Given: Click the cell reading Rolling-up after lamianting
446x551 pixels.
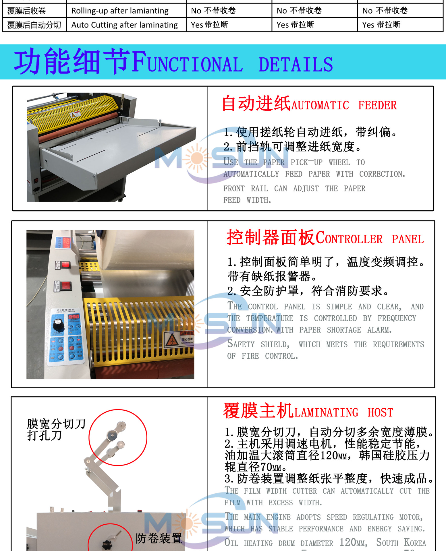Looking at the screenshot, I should (120, 11).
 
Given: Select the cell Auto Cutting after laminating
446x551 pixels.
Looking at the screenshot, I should (124, 25).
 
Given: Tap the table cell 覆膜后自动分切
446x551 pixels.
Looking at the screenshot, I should (34, 25).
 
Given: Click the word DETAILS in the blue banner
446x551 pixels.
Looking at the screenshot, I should (296, 65).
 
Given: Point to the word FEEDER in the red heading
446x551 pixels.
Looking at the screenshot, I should (377, 106).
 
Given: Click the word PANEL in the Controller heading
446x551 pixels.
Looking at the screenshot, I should (408, 239).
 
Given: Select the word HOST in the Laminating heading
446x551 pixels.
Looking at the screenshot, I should (380, 413).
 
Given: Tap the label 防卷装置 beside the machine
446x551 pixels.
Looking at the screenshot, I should (159, 538).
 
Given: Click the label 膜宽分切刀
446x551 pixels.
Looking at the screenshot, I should (56, 424).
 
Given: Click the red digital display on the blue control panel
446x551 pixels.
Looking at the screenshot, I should (74, 316).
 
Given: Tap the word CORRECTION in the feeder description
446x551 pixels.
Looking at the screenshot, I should (382, 174).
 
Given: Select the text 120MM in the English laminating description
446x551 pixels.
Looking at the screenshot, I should (353, 543).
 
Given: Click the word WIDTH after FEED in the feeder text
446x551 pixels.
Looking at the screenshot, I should (258, 200).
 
